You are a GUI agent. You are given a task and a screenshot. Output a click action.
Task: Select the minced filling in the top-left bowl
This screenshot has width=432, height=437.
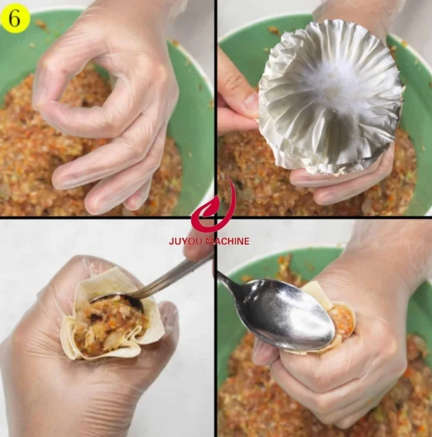[x=25, y=154]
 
